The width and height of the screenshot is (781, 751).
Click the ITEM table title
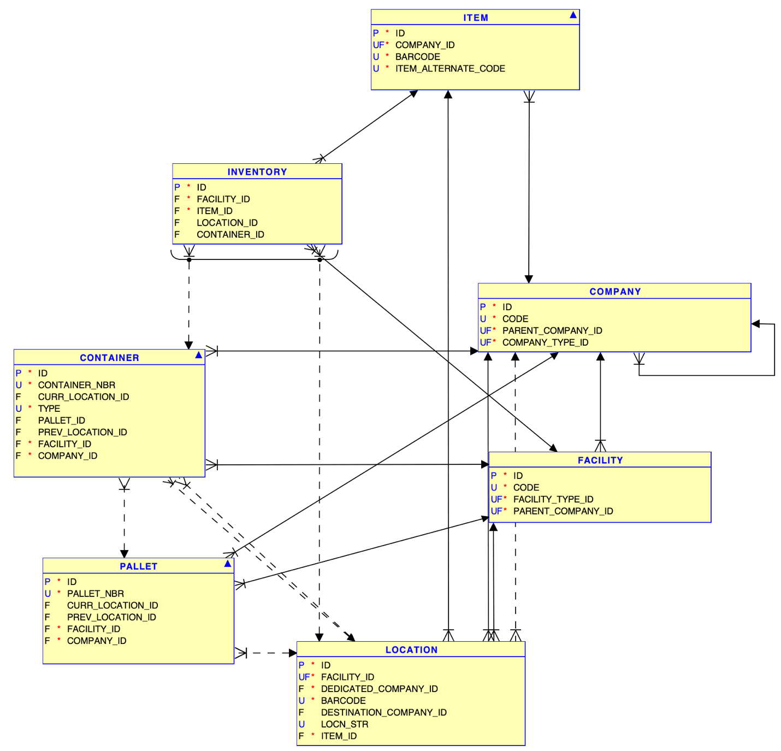pos(475,17)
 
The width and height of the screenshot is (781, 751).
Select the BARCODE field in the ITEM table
pos(417,57)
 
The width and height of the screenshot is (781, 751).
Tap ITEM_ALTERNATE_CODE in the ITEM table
pos(449,69)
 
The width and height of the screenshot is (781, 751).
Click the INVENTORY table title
pos(257,172)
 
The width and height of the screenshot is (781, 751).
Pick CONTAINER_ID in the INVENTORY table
pos(230,235)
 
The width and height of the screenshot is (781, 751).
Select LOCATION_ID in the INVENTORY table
pos(227,223)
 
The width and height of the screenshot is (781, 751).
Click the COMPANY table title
pos(615,292)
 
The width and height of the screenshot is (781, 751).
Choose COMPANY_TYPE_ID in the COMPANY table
pos(545,342)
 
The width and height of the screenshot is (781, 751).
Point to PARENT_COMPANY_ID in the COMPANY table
pos(552,331)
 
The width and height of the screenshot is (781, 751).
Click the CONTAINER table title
pos(109,358)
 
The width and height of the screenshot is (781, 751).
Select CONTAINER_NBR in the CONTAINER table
pos(76,385)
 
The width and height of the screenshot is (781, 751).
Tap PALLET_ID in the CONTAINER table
pos(61,421)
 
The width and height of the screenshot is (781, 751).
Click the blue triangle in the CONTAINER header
pos(199,355)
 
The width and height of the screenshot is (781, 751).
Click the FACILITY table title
pos(600,460)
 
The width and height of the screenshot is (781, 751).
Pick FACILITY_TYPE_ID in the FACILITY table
pos(553,499)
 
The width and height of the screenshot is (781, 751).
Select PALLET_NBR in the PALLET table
pos(95,594)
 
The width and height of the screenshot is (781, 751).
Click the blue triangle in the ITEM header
pos(573,15)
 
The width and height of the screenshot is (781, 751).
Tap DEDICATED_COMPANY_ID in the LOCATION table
pos(379,689)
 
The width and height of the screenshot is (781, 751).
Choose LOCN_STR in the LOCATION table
pos(344,724)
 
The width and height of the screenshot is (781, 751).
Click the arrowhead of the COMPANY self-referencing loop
pos(756,324)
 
